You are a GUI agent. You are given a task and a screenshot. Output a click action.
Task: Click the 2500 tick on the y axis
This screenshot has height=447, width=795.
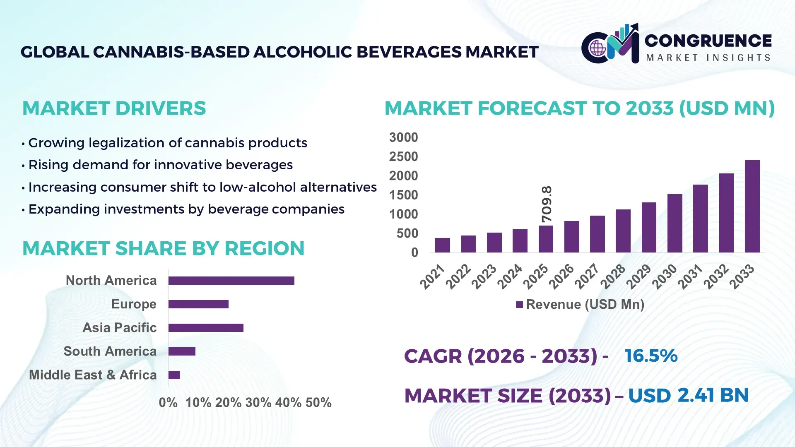coord(403,156)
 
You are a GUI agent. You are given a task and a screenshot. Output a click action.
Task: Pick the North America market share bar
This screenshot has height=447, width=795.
coord(231,281)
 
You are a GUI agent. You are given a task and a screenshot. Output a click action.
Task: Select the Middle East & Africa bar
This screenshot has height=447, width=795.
coord(174,375)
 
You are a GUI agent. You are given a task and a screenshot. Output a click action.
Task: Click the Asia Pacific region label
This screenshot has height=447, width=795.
coord(119,327)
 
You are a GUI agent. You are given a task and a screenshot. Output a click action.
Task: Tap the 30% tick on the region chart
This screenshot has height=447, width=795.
coord(258,402)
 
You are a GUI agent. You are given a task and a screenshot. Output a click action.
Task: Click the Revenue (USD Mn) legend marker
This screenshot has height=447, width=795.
coord(519,305)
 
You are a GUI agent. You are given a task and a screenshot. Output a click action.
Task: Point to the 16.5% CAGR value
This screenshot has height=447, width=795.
coord(651,356)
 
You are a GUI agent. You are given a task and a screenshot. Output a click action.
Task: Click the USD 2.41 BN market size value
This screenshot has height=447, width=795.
coord(688,395)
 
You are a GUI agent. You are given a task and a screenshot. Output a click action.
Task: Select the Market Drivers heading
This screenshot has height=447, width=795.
coord(114,108)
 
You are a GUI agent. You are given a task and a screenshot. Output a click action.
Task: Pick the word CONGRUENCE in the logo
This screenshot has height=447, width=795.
coord(708,41)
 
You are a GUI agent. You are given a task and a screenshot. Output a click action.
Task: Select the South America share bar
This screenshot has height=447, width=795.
coord(182,351)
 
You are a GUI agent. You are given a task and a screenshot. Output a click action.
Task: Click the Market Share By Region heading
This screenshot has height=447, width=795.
coord(163,248)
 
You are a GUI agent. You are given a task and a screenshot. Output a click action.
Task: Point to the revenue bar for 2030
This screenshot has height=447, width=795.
coord(675,223)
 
